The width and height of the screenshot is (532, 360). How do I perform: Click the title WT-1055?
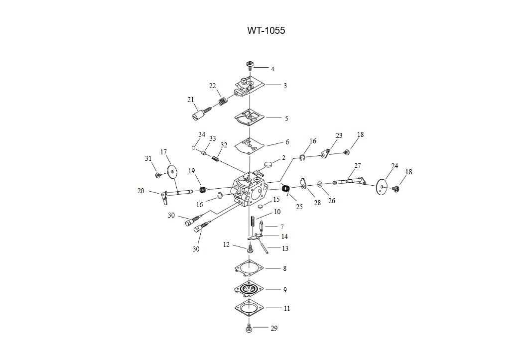point(266,30)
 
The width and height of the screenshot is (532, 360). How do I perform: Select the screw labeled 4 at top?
point(250,65)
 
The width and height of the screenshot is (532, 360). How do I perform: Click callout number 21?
point(190,100)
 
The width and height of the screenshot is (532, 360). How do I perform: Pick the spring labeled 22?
point(223,102)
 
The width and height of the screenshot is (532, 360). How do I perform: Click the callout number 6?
point(287,142)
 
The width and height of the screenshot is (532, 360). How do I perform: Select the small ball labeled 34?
point(193,147)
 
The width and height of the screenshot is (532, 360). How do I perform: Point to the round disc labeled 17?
point(172,171)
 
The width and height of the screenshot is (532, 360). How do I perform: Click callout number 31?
point(148,158)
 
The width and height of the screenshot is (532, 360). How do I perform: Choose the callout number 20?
point(141,191)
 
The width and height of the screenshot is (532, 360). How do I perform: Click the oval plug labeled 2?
point(269,162)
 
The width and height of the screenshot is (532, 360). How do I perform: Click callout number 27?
point(358,166)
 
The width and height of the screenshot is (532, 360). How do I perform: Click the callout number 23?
point(339,135)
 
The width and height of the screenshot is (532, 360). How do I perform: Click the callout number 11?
point(287,308)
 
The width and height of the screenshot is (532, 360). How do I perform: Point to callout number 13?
point(285,248)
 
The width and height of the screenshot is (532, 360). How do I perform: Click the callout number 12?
point(226,244)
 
